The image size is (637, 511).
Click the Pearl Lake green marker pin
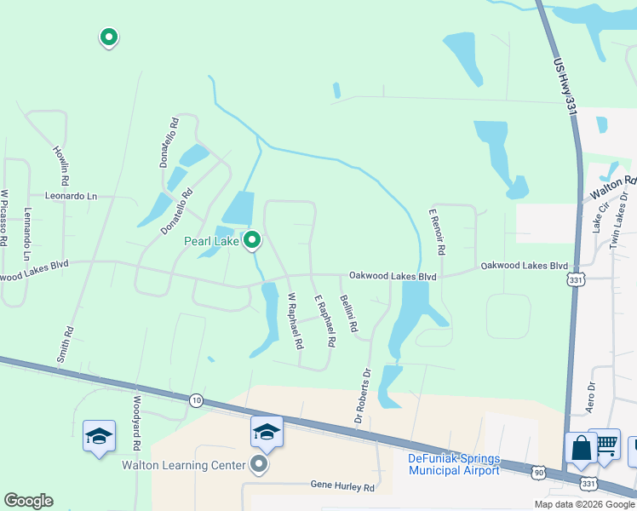coord(252,241)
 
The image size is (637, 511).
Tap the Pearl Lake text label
coord(212,241)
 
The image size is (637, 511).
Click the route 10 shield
coord(197,400)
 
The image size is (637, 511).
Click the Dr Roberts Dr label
coord(363,396)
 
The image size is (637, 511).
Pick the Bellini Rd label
coord(347,313)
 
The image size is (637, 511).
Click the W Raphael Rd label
coord(295,322)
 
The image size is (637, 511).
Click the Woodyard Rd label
coord(135,422)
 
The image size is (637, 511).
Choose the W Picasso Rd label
coord(4,217)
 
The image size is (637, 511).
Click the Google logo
coord(28,501)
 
